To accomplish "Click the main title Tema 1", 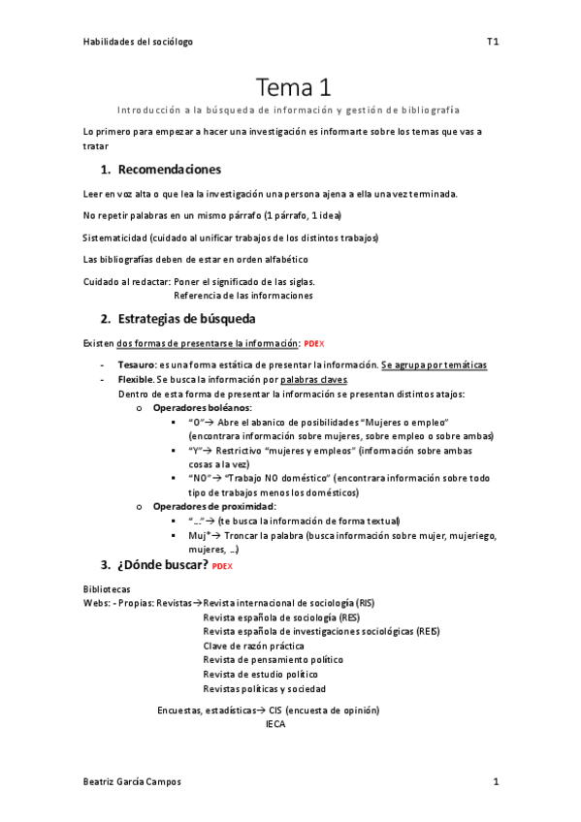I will coord(294,88).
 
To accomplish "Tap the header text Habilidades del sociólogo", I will coord(138,42).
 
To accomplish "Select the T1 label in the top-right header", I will coord(492,42).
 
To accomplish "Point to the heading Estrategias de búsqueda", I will coord(185,318).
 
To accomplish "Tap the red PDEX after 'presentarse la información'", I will coord(313,344).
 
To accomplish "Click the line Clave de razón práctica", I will coord(253,646).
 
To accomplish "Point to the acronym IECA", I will coord(275,723).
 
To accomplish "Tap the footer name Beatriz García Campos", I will coord(131,781).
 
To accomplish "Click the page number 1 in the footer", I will coord(495,781).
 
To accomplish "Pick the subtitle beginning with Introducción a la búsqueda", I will coord(288,111).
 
